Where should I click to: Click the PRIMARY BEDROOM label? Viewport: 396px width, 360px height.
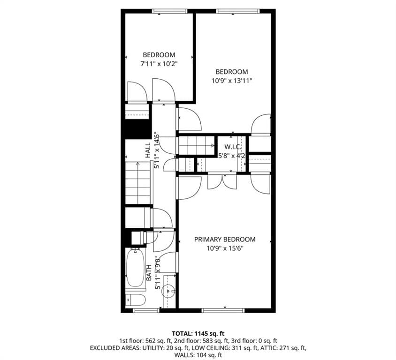(225, 239)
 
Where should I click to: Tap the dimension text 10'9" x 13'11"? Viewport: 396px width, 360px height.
(231, 80)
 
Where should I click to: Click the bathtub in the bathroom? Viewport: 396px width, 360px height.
(135, 268)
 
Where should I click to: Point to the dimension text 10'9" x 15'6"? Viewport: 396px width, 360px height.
(225, 248)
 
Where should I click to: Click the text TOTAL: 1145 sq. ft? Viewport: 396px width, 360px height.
(198, 333)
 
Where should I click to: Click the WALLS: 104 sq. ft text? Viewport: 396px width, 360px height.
(198, 356)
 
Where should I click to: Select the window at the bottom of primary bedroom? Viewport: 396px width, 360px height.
(222, 310)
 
